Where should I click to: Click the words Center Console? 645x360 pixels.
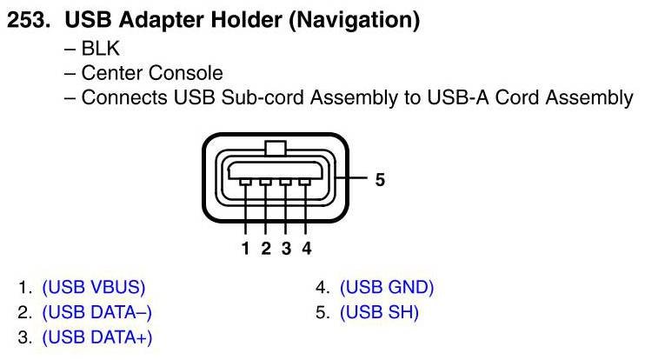coord(151,73)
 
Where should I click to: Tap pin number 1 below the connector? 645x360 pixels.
coord(246,249)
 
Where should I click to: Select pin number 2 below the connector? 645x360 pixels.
coord(266,249)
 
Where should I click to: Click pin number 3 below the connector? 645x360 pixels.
coord(286,249)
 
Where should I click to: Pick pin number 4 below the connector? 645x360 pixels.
coord(306,249)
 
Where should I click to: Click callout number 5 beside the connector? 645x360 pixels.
coord(380,180)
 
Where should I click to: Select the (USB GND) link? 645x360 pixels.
coord(386,288)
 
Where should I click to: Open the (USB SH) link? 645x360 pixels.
coord(379,312)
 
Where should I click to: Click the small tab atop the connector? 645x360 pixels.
coord(276,148)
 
